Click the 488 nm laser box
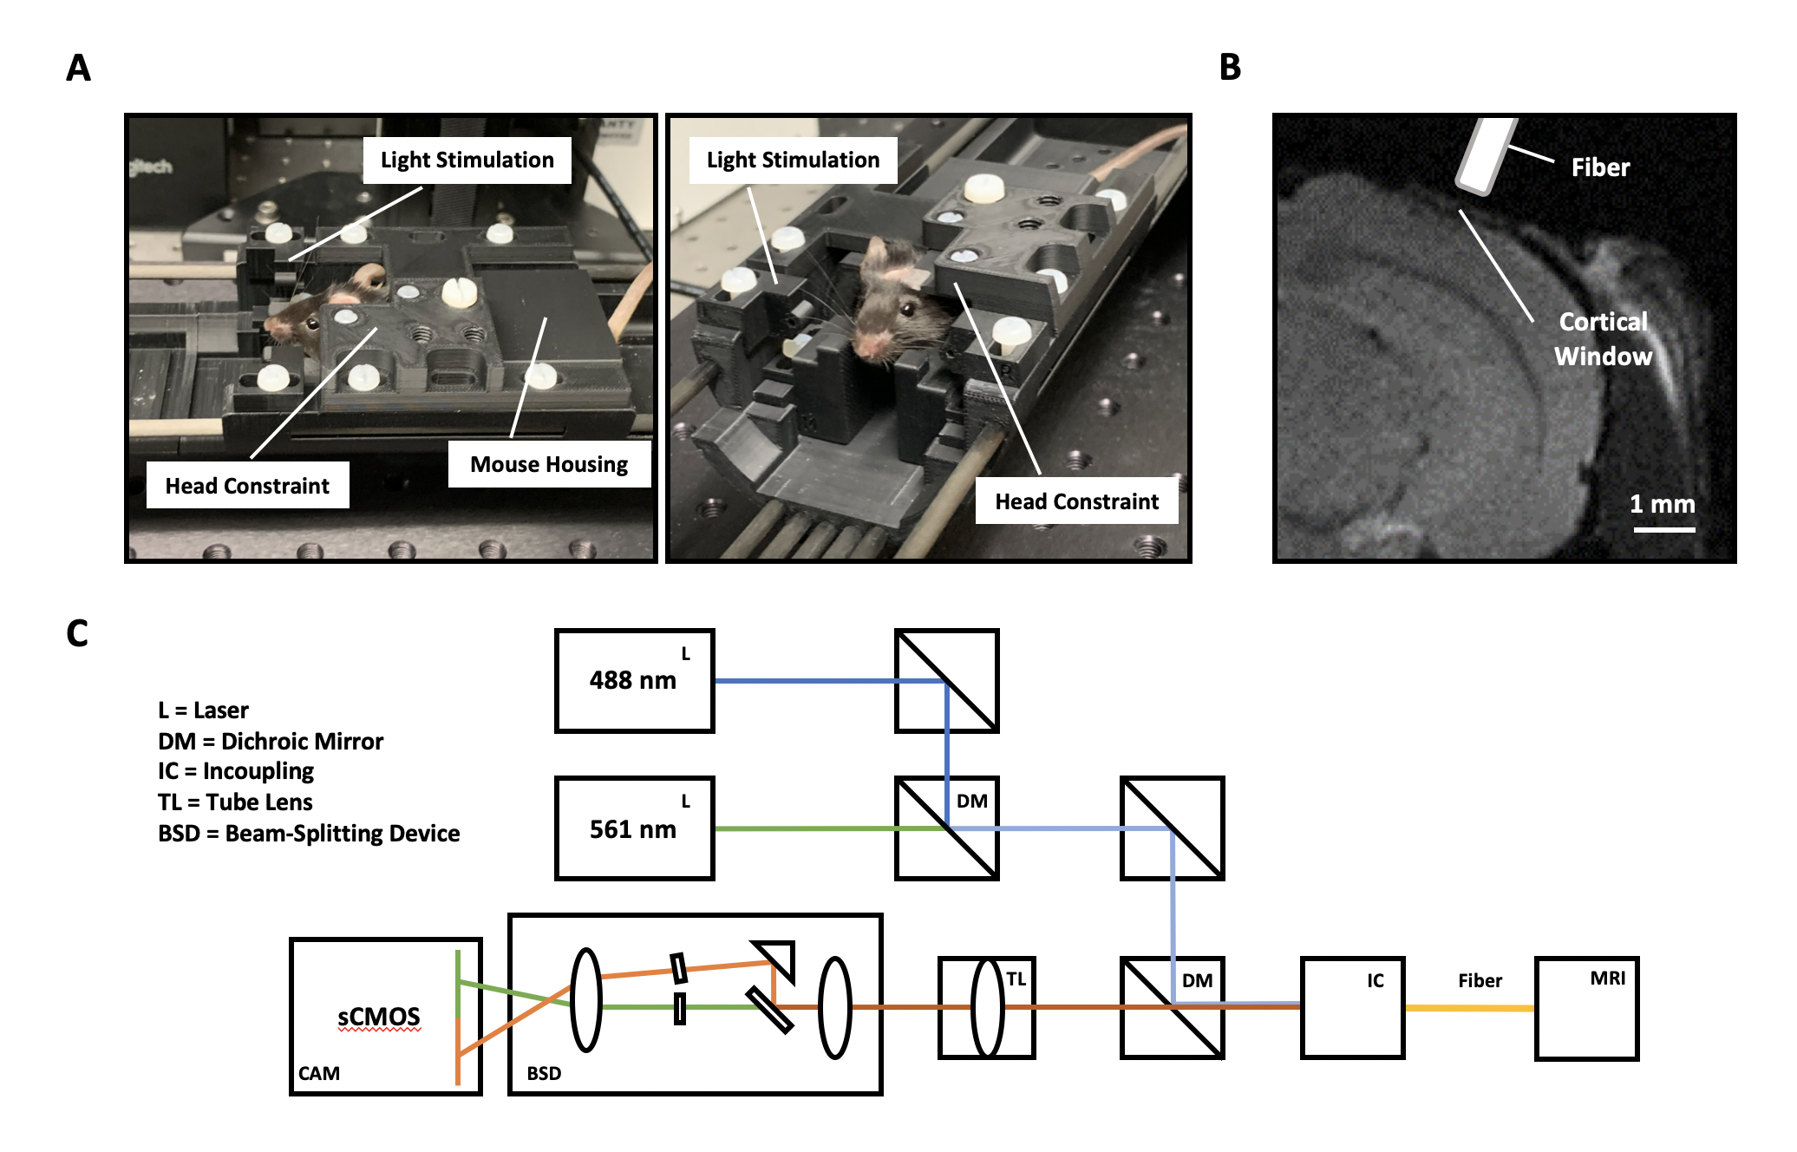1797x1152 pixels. (x=634, y=681)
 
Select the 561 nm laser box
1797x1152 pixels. (x=634, y=828)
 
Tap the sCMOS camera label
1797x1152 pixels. (x=379, y=1017)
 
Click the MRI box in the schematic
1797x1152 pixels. (x=1586, y=1008)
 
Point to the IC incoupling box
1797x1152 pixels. (x=1352, y=1008)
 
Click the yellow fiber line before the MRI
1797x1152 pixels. (x=1469, y=1008)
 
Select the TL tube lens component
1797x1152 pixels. (x=987, y=1008)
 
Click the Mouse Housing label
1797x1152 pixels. (x=549, y=465)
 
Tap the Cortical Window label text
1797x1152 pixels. (x=1603, y=339)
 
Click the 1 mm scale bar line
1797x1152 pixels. (x=1664, y=529)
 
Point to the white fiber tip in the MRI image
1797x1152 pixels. (x=1485, y=157)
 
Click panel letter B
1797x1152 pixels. (x=1230, y=68)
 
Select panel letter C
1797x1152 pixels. (x=77, y=633)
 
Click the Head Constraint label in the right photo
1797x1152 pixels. (x=1076, y=502)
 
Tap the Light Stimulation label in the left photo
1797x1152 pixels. (x=467, y=160)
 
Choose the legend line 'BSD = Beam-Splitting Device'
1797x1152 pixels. (x=309, y=834)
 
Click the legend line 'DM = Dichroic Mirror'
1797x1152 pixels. (x=271, y=742)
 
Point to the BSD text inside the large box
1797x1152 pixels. (x=544, y=1074)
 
